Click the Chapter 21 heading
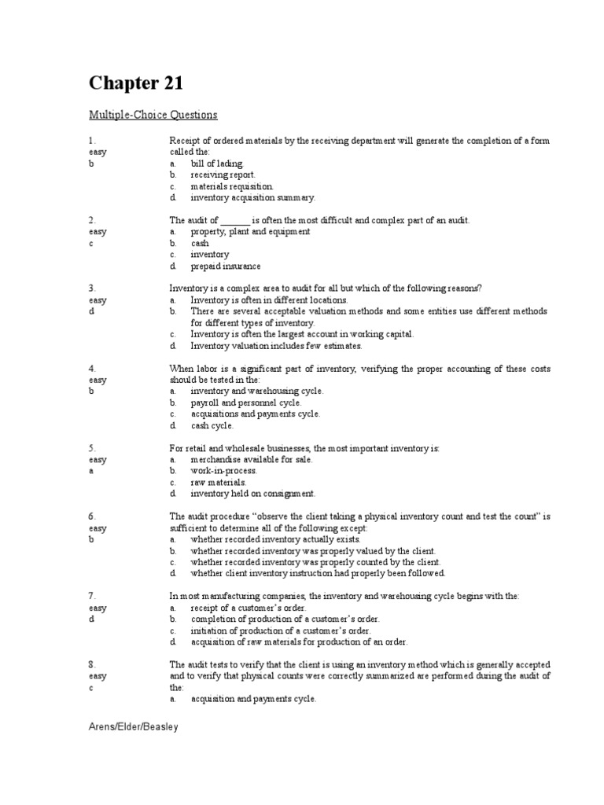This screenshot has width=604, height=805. tap(137, 83)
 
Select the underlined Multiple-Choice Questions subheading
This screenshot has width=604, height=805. tap(153, 115)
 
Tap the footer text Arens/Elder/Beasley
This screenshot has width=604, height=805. tap(133, 727)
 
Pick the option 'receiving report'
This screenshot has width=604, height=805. tap(223, 175)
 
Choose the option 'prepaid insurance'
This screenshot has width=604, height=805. tap(225, 266)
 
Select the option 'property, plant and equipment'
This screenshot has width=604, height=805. tap(250, 232)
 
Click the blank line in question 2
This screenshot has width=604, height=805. tap(235, 221)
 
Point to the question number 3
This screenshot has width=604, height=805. tap(92, 289)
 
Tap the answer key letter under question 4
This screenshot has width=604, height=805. tap(91, 391)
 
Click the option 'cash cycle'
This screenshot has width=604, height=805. tap(212, 425)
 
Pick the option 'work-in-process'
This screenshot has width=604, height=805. tap(223, 471)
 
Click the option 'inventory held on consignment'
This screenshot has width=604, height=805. tap(252, 494)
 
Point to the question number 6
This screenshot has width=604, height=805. tap(92, 516)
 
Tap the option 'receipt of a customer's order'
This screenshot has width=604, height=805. tap(248, 608)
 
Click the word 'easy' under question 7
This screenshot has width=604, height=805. tap(98, 608)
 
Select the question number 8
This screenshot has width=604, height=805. tap(92, 664)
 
